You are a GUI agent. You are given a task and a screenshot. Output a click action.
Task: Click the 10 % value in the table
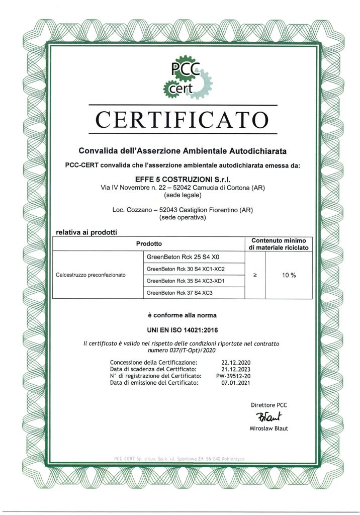(289, 275)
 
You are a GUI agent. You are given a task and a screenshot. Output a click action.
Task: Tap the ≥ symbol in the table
(255, 275)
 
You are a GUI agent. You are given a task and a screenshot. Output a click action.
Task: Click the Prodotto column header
(148, 243)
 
